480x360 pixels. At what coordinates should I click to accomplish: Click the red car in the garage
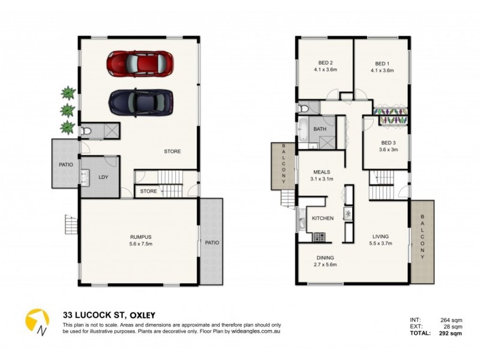[140, 62]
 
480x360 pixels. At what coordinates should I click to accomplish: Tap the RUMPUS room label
[139, 236]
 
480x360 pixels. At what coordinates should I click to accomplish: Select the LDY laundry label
[103, 177]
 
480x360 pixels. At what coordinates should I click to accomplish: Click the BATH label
[320, 129]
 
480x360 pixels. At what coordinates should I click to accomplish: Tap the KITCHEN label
[323, 218]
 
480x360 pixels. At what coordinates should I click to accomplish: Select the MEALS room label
[320, 172]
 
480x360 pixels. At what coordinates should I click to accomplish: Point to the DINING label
[325, 258]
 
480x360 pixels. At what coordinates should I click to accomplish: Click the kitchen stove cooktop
[319, 238]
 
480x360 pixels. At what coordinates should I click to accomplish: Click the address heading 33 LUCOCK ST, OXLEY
[110, 314]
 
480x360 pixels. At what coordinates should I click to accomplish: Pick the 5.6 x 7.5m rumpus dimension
[139, 244]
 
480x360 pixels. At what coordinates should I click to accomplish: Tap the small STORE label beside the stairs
[148, 192]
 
